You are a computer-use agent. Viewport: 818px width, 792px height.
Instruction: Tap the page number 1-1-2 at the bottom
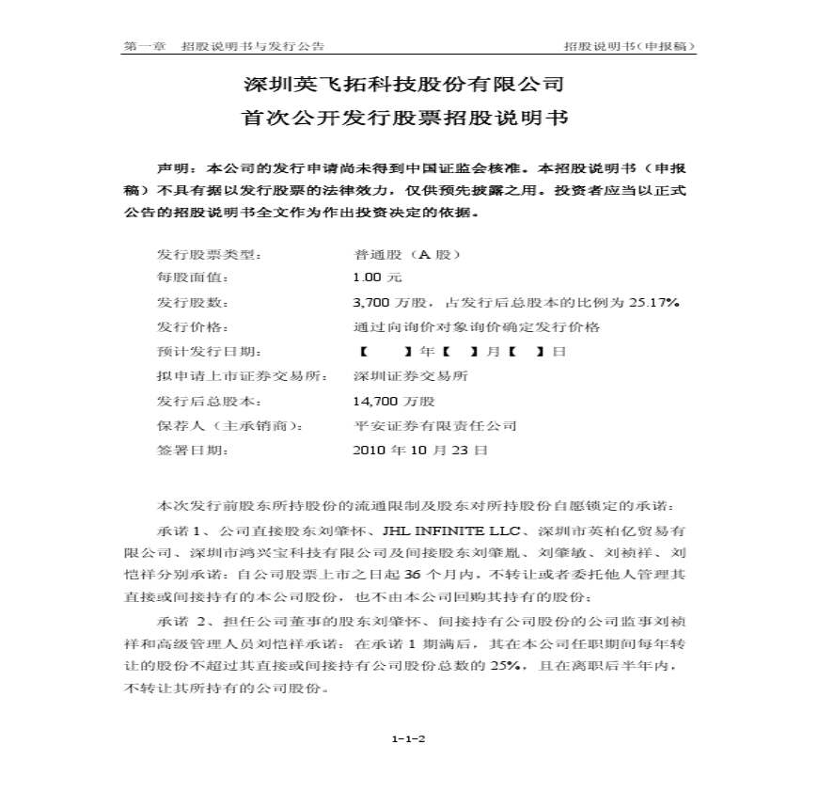click(409, 738)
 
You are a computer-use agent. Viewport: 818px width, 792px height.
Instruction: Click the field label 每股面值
click(192, 278)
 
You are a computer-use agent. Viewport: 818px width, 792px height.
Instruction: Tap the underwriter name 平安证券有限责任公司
click(434, 425)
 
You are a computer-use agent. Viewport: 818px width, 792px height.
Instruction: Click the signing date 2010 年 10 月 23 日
click(419, 450)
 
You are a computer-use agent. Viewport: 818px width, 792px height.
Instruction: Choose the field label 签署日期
click(192, 450)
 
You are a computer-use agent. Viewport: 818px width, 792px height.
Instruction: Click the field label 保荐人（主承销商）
click(229, 425)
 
